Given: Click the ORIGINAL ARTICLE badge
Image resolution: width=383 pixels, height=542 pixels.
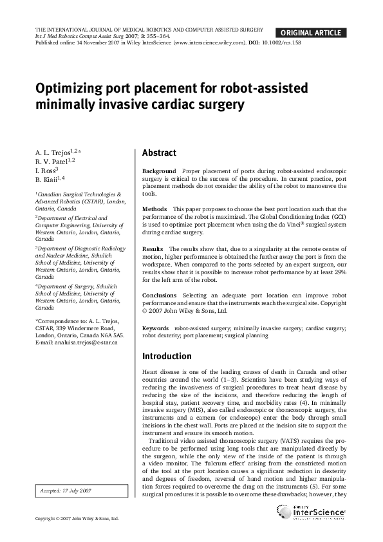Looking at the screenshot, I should tap(310, 33).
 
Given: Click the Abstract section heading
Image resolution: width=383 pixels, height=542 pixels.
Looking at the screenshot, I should tap(159, 153).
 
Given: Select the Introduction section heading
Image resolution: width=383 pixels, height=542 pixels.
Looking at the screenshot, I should tap(167, 356).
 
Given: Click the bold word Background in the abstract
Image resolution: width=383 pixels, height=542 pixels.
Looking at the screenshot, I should tap(158, 171).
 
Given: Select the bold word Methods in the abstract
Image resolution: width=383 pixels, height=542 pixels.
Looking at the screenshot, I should tap(154, 209).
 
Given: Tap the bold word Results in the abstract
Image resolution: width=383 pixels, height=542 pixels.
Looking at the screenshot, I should tap(153, 248).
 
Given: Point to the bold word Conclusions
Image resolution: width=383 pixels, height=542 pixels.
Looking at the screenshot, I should tap(159, 295).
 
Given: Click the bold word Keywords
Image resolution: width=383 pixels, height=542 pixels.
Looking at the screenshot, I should tap(156, 328).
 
